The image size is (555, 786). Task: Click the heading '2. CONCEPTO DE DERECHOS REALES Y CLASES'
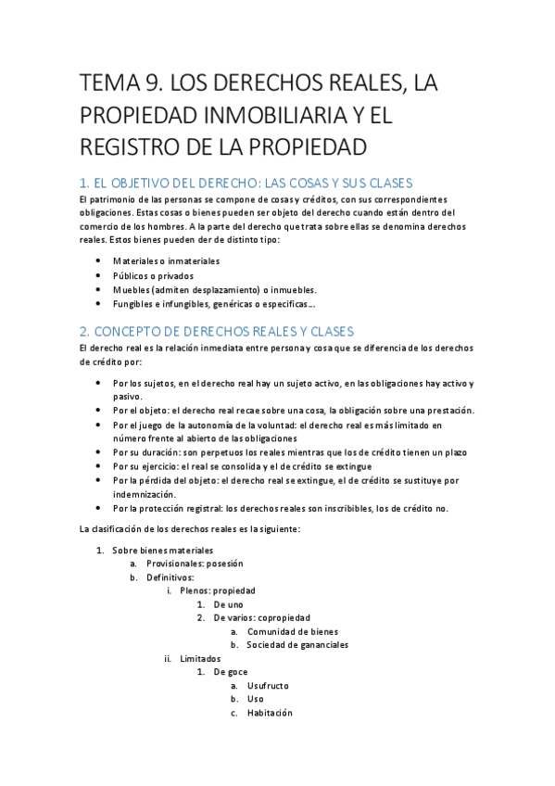[216, 331]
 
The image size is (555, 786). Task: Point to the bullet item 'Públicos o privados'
[153, 275]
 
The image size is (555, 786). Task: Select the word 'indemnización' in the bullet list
[144, 494]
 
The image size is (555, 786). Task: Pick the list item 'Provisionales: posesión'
[192, 563]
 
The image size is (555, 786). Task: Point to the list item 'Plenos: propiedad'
[218, 590]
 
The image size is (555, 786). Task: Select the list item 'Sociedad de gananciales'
[297, 645]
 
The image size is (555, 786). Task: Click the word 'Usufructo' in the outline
[268, 686]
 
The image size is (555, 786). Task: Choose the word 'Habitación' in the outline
[270, 713]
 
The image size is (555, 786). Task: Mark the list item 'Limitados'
[200, 658]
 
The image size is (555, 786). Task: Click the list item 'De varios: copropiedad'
[261, 617]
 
